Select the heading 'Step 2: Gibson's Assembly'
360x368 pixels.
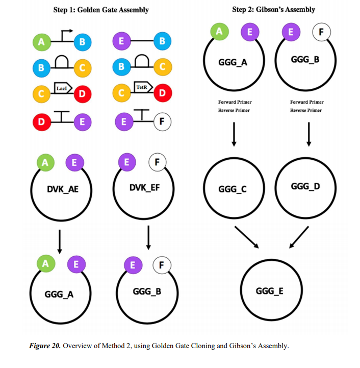tap(273, 10)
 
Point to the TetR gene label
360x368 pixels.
tap(141, 87)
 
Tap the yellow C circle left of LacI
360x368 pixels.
tap(41, 94)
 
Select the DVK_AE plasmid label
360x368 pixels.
tap(62, 190)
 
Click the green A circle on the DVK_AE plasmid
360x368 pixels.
tap(45, 163)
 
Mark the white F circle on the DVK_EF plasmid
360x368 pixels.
tap(157, 163)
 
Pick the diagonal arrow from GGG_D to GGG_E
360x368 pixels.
tap(299, 237)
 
